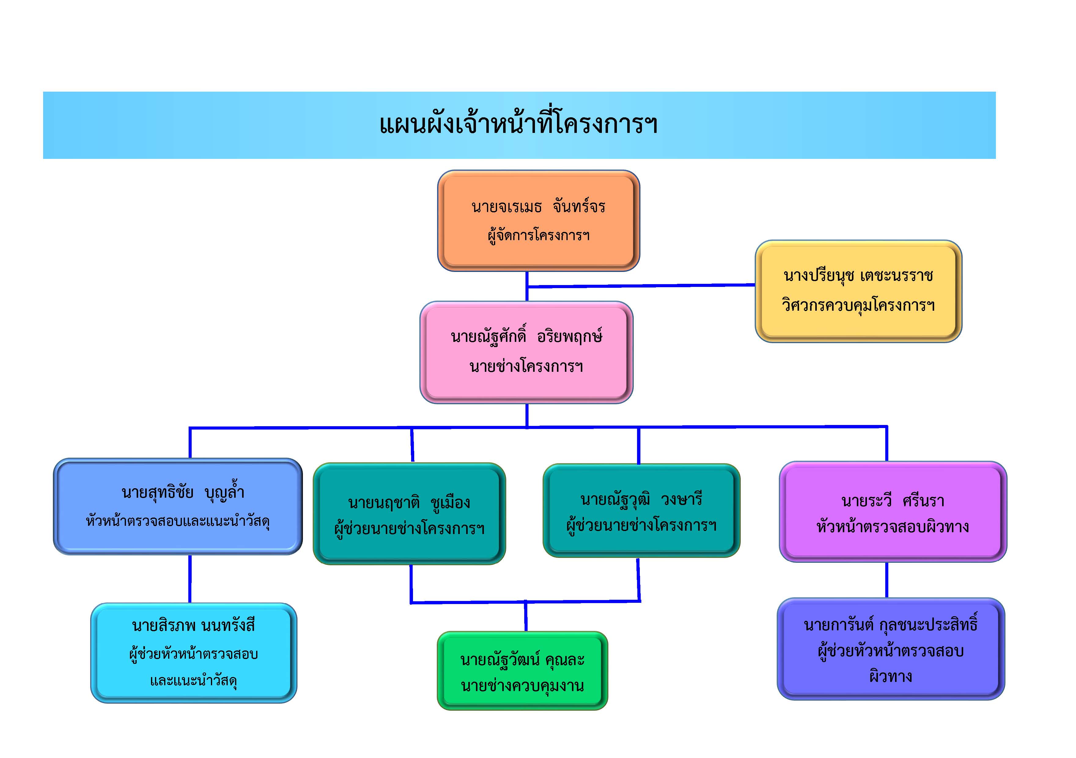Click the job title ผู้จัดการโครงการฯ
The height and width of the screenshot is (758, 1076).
pos(539,235)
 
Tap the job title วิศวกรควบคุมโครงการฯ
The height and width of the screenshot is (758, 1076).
pos(858,306)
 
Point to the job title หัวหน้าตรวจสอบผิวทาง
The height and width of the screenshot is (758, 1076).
pos(893,527)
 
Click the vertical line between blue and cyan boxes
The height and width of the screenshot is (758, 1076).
pos(190,579)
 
